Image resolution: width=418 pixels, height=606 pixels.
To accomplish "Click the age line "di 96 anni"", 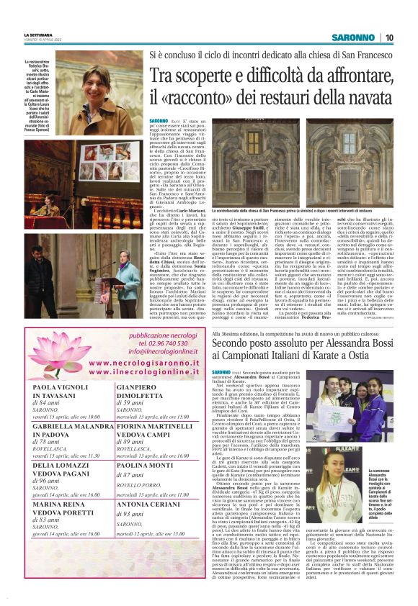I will click(x=48, y=480).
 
